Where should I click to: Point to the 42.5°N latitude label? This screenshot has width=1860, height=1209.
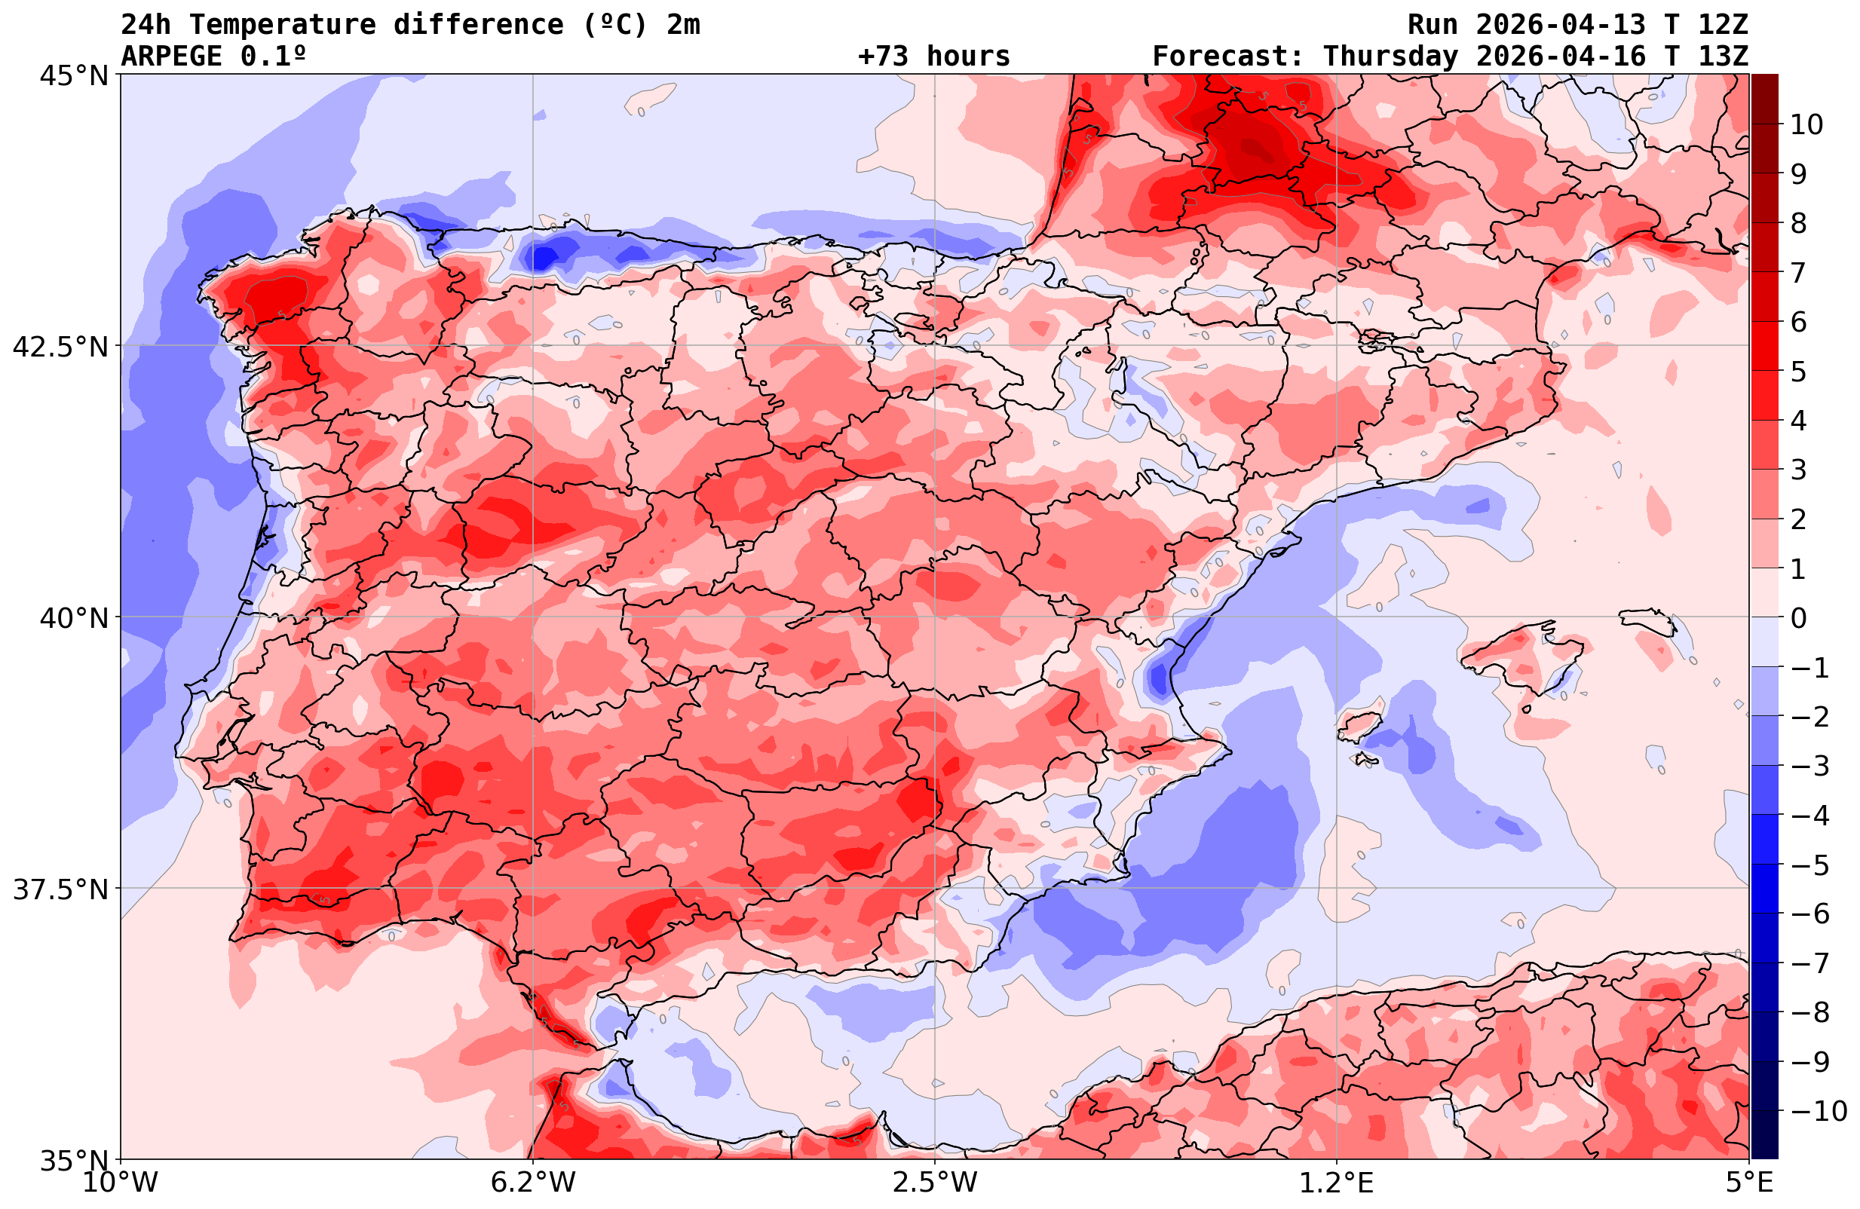[60, 346]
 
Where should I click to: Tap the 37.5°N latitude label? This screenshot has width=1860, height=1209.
[60, 889]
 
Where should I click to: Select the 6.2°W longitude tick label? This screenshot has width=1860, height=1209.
[533, 1183]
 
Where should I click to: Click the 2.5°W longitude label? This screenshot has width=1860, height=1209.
[935, 1183]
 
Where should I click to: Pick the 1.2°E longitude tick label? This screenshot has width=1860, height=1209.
[1337, 1183]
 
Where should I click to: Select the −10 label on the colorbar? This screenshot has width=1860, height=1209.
[1818, 1110]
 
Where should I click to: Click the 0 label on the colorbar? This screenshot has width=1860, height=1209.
[1798, 618]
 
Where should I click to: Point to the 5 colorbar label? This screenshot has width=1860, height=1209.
[1798, 372]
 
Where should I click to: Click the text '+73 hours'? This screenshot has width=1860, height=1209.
[934, 57]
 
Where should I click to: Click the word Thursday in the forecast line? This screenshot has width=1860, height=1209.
[1390, 57]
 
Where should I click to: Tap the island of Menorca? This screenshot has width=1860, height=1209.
[1647, 620]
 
